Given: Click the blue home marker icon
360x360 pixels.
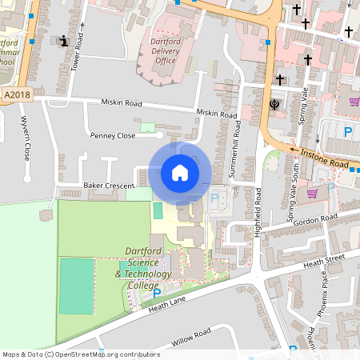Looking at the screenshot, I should pos(180,172).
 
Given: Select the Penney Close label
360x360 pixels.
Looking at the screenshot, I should pos(113,136).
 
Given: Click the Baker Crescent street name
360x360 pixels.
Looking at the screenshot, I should pos(109,185).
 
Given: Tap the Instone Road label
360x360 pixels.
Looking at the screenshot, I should pos(325,157).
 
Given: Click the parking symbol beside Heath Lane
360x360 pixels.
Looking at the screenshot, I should pos(146,294).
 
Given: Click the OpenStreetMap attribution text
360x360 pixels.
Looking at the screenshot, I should pos(80,354).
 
